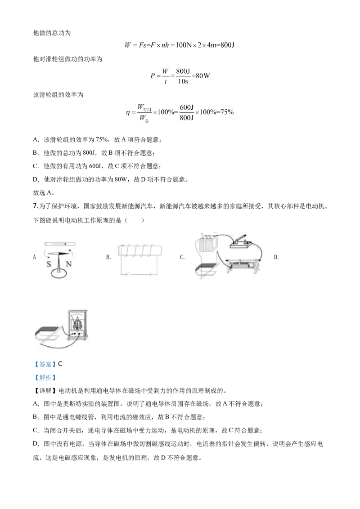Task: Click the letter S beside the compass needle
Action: [49, 264]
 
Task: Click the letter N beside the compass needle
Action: [68, 264]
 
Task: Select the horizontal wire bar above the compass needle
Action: [60, 243]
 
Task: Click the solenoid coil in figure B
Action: [140, 250]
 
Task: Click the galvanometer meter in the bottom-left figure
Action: [77, 325]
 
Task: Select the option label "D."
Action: [276, 257]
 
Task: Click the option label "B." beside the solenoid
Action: [108, 257]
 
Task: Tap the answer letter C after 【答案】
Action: [60, 364]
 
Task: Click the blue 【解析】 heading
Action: [45, 378]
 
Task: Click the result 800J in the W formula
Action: [227, 45]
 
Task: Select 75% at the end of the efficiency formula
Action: [227, 112]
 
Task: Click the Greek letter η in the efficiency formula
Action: [128, 113]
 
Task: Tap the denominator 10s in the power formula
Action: [183, 81]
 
